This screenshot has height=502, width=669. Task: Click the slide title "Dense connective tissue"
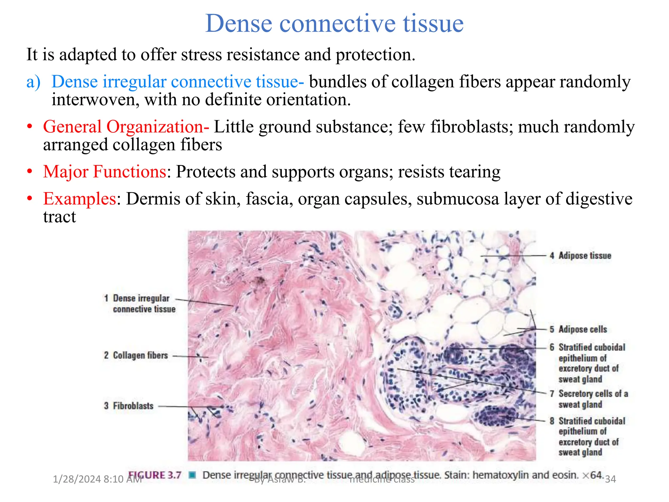pyautogui.click(x=334, y=24)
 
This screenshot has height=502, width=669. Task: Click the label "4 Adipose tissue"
pyautogui.click(x=580, y=256)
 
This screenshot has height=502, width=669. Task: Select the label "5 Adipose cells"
pyautogui.click(x=578, y=329)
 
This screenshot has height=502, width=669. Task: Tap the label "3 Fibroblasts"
pyautogui.click(x=129, y=406)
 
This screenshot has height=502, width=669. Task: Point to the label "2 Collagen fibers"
pyautogui.click(x=136, y=355)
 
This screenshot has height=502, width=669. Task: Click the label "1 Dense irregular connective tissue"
pyautogui.click(x=140, y=304)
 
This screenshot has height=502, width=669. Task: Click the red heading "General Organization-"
pyautogui.click(x=126, y=127)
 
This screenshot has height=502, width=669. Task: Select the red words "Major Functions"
pyautogui.click(x=105, y=172)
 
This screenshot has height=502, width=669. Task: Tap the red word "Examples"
pyautogui.click(x=80, y=199)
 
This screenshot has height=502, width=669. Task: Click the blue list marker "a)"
pyautogui.click(x=33, y=82)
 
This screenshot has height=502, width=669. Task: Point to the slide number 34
pyautogui.click(x=610, y=479)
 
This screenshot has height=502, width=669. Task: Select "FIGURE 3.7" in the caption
pyautogui.click(x=155, y=475)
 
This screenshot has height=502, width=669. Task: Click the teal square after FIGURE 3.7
pyautogui.click(x=193, y=475)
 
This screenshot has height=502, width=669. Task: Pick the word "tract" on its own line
pyautogui.click(x=59, y=217)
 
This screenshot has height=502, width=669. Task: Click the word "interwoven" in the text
pyautogui.click(x=95, y=100)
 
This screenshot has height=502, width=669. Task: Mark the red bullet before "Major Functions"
pyautogui.click(x=30, y=172)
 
